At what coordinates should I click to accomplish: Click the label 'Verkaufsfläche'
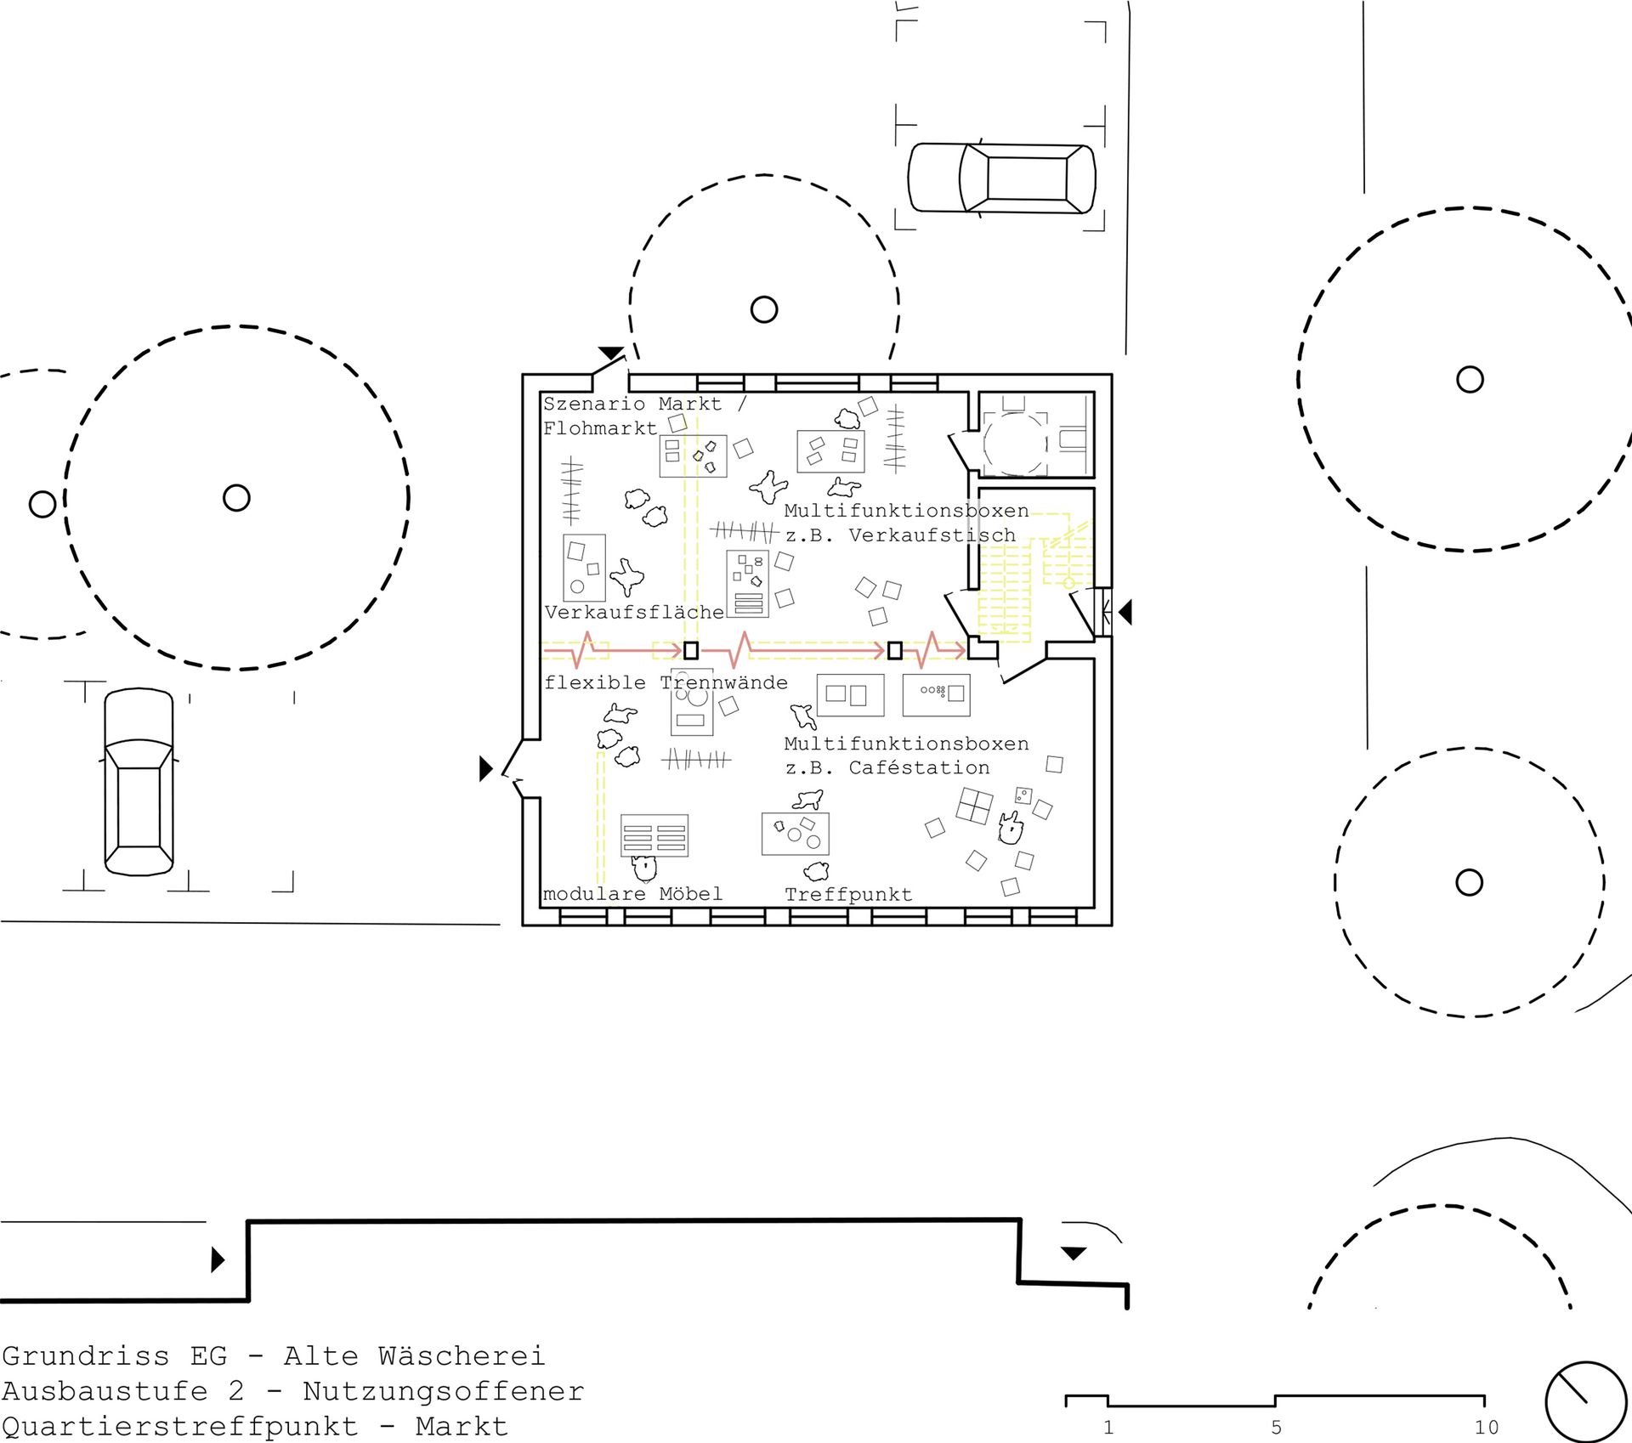(x=634, y=612)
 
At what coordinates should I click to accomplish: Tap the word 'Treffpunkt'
(x=848, y=895)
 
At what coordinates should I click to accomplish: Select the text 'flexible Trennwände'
(x=666, y=682)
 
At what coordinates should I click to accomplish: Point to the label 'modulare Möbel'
(x=632, y=894)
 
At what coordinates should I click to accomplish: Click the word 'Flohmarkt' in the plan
(x=600, y=428)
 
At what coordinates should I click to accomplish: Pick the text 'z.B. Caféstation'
(x=887, y=768)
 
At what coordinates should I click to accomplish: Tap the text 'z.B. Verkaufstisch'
(x=900, y=535)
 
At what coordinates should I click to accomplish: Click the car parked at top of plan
(x=1002, y=178)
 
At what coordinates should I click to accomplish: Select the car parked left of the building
(x=139, y=782)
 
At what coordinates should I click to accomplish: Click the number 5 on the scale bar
(x=1276, y=1428)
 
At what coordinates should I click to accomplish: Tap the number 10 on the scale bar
(x=1487, y=1428)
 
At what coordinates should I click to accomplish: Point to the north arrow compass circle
(x=1586, y=1401)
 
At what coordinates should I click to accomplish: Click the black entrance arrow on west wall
(x=486, y=769)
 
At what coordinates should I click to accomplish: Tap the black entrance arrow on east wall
(x=1125, y=612)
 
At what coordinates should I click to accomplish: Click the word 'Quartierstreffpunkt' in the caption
(x=179, y=1426)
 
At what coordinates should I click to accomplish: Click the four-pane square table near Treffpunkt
(x=975, y=806)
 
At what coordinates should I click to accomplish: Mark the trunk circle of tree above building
(x=764, y=309)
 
